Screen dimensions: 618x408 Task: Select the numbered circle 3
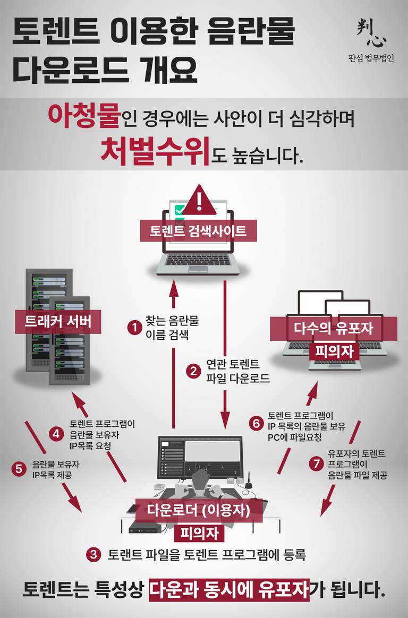94,555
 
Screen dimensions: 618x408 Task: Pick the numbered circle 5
19,469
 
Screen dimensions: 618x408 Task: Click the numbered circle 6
257,423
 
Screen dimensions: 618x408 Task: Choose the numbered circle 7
316,463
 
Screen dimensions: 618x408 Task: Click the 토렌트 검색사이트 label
198,231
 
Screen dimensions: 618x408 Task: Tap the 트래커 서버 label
58,321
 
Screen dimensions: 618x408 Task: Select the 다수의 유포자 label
334,328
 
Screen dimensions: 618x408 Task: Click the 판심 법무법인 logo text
371,58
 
